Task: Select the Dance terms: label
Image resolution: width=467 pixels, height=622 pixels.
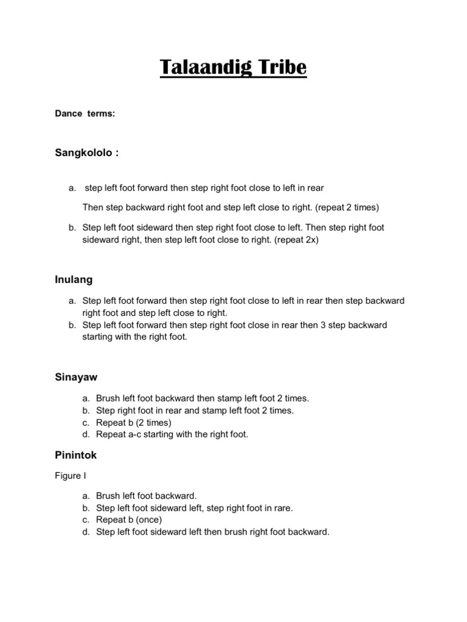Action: pyautogui.click(x=85, y=114)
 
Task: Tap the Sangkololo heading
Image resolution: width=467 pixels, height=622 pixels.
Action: pyautogui.click(x=85, y=153)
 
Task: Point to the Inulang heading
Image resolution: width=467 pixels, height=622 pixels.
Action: pyautogui.click(x=74, y=280)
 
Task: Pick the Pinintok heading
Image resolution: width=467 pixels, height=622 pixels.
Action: pyautogui.click(x=76, y=454)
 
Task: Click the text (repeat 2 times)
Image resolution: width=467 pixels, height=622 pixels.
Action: pyautogui.click(x=347, y=208)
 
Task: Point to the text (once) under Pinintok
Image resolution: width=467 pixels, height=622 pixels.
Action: pyautogui.click(x=151, y=520)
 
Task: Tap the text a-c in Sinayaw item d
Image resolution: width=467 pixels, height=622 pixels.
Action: pyautogui.click(x=136, y=434)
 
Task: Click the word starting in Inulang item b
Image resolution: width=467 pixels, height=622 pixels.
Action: pyautogui.click(x=99, y=337)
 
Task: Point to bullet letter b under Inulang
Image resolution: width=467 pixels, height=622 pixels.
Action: pyautogui.click(x=72, y=325)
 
